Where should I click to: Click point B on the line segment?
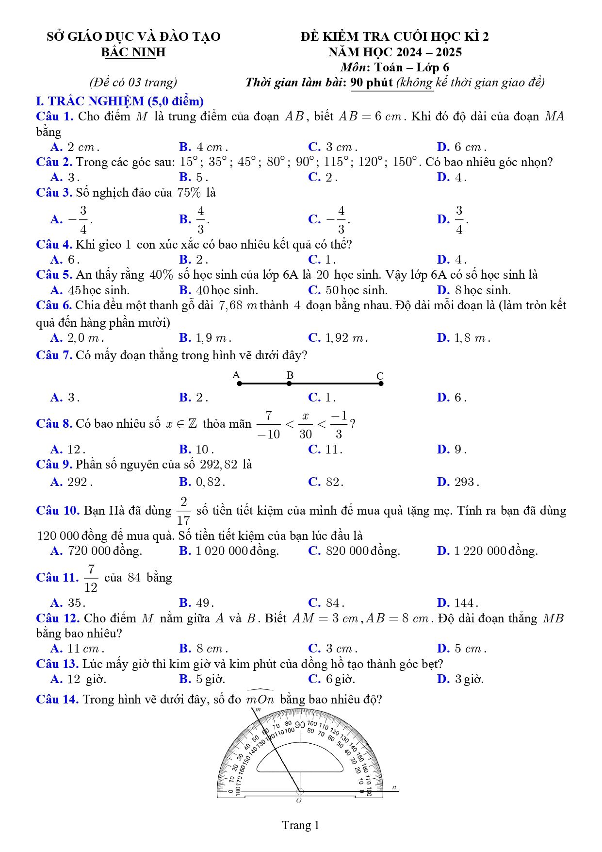pos(289,384)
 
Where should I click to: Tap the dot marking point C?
pos(381,384)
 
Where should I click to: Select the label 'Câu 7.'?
pos(54,355)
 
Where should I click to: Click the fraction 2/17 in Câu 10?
pos(183,511)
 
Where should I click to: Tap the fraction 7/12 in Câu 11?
pos(91,578)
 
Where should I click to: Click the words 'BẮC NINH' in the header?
pos(133,52)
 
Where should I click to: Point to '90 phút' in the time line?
pos(372,83)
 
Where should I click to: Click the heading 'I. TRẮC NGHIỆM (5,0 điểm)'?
pos(120,101)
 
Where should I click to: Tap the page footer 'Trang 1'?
pos(301,825)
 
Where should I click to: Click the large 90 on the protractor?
pos(300,725)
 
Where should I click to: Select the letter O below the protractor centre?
pos(299,800)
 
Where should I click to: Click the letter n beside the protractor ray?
pos(394,787)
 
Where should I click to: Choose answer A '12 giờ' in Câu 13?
pos(79,679)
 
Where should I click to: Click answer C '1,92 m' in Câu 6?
pos(338,337)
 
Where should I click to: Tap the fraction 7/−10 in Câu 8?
pos(268,425)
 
